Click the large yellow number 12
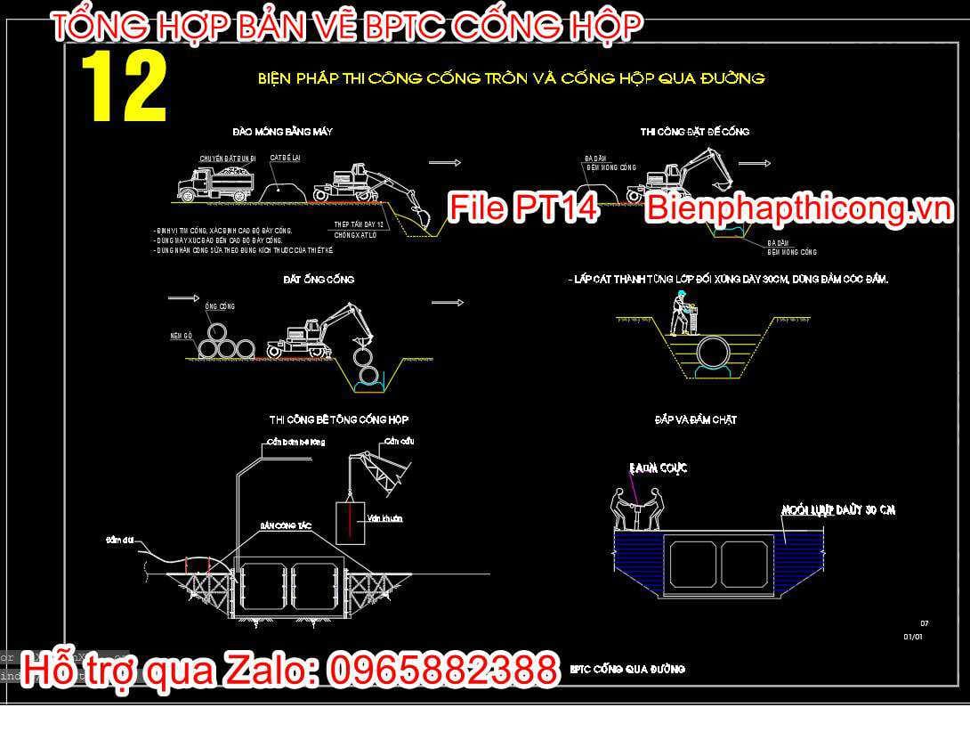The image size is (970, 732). [124, 87]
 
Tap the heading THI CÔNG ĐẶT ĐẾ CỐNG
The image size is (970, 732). [694, 132]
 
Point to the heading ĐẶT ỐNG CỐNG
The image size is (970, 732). [319, 280]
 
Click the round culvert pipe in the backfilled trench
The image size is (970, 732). [715, 351]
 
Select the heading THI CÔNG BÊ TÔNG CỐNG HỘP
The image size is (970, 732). [339, 419]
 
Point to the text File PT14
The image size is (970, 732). [522, 208]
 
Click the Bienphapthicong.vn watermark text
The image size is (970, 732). [798, 208]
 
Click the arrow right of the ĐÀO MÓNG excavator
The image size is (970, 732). [444, 162]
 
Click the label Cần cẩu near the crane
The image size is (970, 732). [400, 442]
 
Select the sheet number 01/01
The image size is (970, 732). [913, 637]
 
